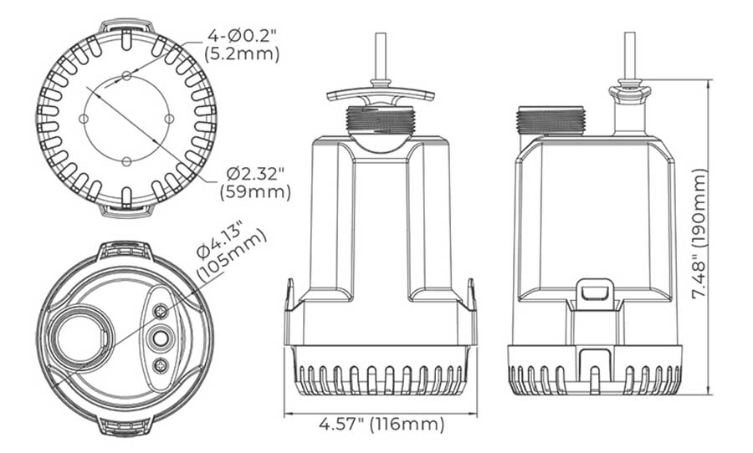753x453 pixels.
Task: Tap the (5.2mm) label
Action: pos(242,54)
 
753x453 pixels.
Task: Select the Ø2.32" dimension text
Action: pos(256,174)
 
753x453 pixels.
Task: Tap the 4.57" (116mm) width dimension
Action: pos(381,424)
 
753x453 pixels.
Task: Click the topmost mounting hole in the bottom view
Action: pos(125,77)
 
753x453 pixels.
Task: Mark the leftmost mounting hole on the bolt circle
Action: pos(84,119)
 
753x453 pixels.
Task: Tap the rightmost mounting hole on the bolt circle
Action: pos(168,119)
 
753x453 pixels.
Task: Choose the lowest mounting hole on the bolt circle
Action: pos(125,160)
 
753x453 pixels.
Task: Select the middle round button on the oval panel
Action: pos(159,338)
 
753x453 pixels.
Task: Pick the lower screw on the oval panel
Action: pos(159,365)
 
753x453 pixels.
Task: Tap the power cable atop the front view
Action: pos(381,54)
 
